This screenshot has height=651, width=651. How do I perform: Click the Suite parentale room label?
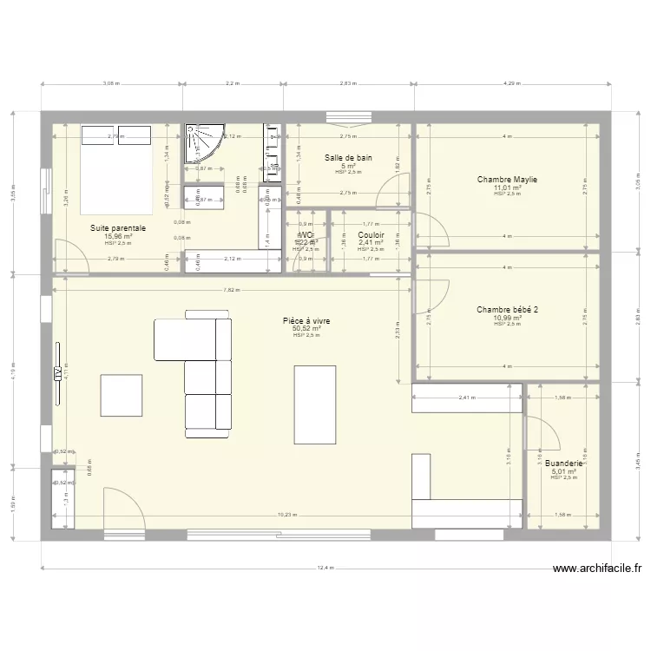[x=118, y=228]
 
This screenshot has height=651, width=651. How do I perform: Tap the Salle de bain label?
[x=348, y=158]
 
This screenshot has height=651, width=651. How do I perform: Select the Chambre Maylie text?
[x=507, y=180]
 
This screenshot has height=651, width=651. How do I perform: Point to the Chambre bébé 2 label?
[x=507, y=309]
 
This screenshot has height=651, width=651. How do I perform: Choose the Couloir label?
[x=371, y=234]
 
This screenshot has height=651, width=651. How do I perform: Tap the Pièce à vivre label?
[x=306, y=321]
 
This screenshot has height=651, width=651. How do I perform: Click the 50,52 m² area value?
[x=306, y=329]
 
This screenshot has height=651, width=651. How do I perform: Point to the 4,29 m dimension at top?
[x=513, y=84]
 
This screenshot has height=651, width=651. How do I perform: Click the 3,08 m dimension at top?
[x=111, y=84]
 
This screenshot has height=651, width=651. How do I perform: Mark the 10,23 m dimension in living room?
[x=286, y=514]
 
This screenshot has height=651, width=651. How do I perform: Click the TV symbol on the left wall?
[x=57, y=373]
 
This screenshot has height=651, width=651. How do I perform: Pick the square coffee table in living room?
[x=121, y=395]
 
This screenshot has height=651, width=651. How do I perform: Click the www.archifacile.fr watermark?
[x=597, y=569]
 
